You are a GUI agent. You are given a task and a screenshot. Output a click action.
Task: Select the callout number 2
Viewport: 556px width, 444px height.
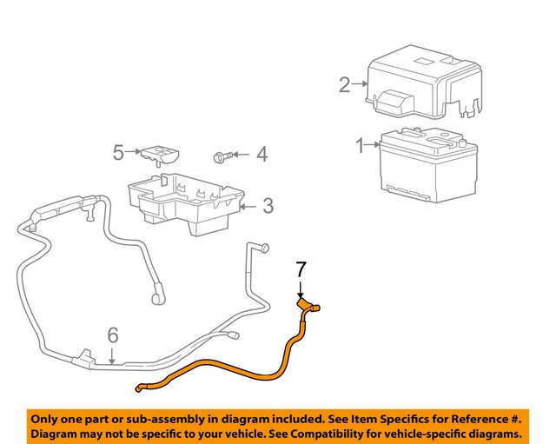point(345,84)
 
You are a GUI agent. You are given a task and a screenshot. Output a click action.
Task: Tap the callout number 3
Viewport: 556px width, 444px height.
point(268,206)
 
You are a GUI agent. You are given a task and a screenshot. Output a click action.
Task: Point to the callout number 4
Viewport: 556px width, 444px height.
point(261,156)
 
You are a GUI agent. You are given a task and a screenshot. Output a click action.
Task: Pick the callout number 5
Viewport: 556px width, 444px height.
point(118,152)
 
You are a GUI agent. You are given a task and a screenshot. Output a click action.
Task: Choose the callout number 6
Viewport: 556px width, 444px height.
point(112,335)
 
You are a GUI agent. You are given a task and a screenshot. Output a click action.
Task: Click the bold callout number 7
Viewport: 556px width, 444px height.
point(301,270)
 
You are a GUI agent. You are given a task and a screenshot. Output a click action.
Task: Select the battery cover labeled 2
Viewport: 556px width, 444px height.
point(423,87)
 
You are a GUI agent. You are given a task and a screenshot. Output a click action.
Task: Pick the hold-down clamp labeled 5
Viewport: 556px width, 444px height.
point(160,156)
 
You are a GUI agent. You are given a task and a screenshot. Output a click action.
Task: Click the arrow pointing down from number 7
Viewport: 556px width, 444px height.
point(301,290)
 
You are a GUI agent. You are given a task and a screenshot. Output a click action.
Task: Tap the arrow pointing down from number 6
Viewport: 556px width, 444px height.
point(112,354)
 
